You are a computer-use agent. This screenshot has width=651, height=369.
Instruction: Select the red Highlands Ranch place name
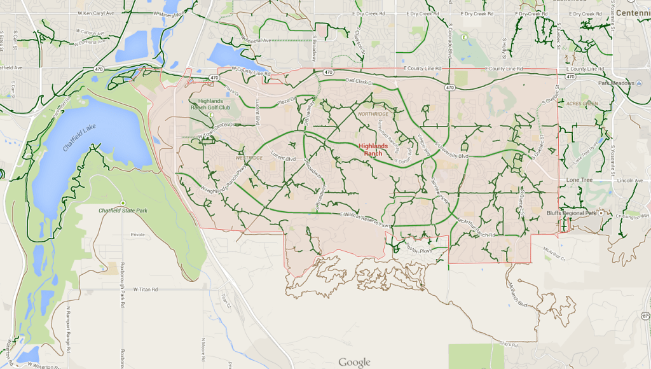[x=374, y=150]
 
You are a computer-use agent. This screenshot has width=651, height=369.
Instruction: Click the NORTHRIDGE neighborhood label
[x=372, y=113]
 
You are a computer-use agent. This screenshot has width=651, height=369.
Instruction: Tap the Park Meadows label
[x=617, y=83]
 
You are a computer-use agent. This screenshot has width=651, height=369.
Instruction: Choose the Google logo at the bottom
[x=354, y=362]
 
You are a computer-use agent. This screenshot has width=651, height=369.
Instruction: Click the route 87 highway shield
[x=646, y=316]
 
